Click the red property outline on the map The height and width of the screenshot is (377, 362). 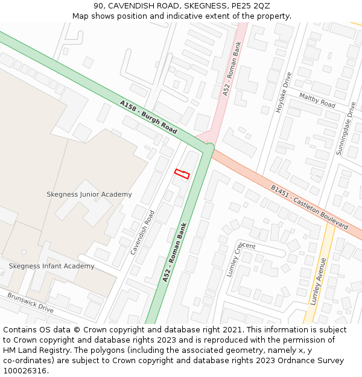[182, 174]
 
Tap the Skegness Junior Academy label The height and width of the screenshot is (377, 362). [89, 194]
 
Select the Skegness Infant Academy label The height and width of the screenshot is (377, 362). [51, 266]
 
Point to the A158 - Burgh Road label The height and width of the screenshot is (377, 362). [148, 117]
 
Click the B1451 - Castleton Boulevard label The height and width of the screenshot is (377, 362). [309, 207]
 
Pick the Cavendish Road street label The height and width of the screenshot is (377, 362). [142, 232]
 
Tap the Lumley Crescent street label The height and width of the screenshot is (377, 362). [241, 259]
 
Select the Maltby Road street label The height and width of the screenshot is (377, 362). [317, 100]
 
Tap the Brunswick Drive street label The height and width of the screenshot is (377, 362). [30, 301]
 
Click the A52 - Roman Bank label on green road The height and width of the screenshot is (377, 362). [175, 252]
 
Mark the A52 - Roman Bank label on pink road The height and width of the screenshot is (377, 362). [232, 69]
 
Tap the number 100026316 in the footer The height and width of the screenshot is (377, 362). [25, 371]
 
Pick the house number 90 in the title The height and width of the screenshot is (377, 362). [99, 5]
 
